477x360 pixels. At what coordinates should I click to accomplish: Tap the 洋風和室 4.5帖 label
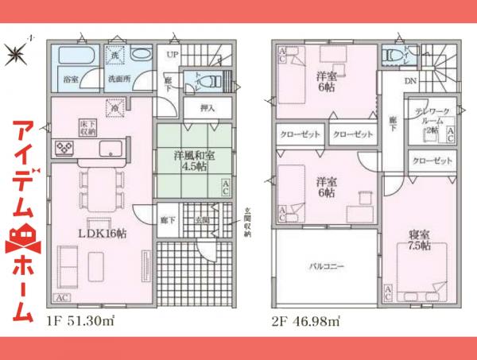(x=191, y=161)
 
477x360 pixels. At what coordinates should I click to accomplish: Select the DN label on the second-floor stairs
(x=411, y=82)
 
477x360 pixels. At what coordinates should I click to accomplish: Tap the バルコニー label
(x=326, y=267)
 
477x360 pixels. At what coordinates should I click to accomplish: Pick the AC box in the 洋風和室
(x=226, y=188)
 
